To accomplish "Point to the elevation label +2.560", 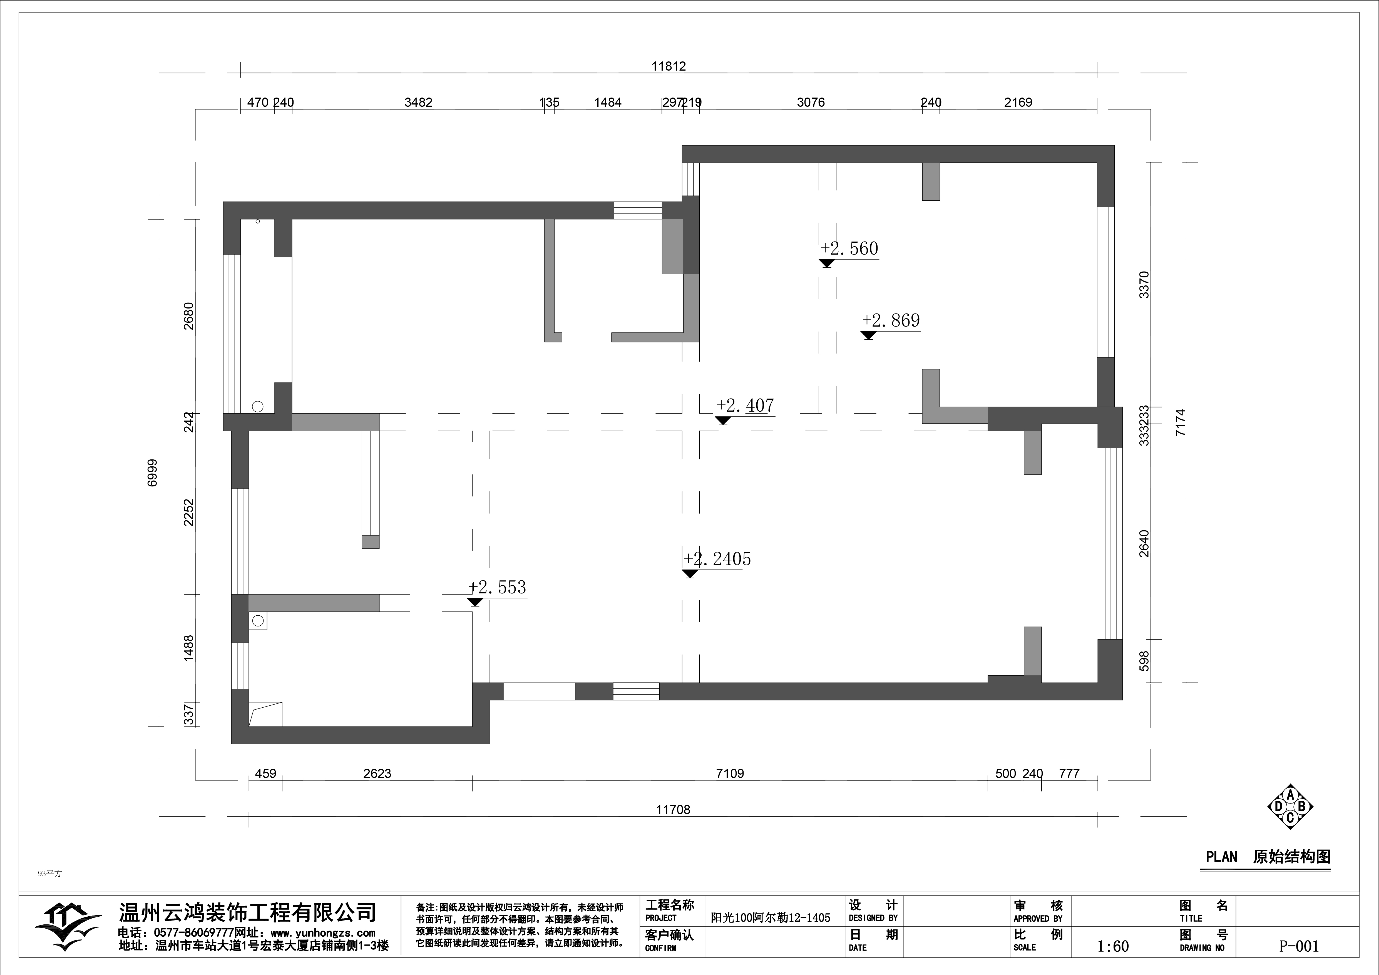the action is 849,248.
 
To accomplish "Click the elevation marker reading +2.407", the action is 745,406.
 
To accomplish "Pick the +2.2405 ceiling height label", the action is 717,559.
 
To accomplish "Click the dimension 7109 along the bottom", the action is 730,774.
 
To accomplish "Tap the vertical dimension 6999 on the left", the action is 153,473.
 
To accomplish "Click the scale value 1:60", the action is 1113,947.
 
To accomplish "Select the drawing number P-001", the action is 1299,947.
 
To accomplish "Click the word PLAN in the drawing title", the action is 1222,857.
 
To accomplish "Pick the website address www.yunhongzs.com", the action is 323,933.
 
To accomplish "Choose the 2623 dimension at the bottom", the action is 377,774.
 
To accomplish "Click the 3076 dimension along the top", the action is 811,103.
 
